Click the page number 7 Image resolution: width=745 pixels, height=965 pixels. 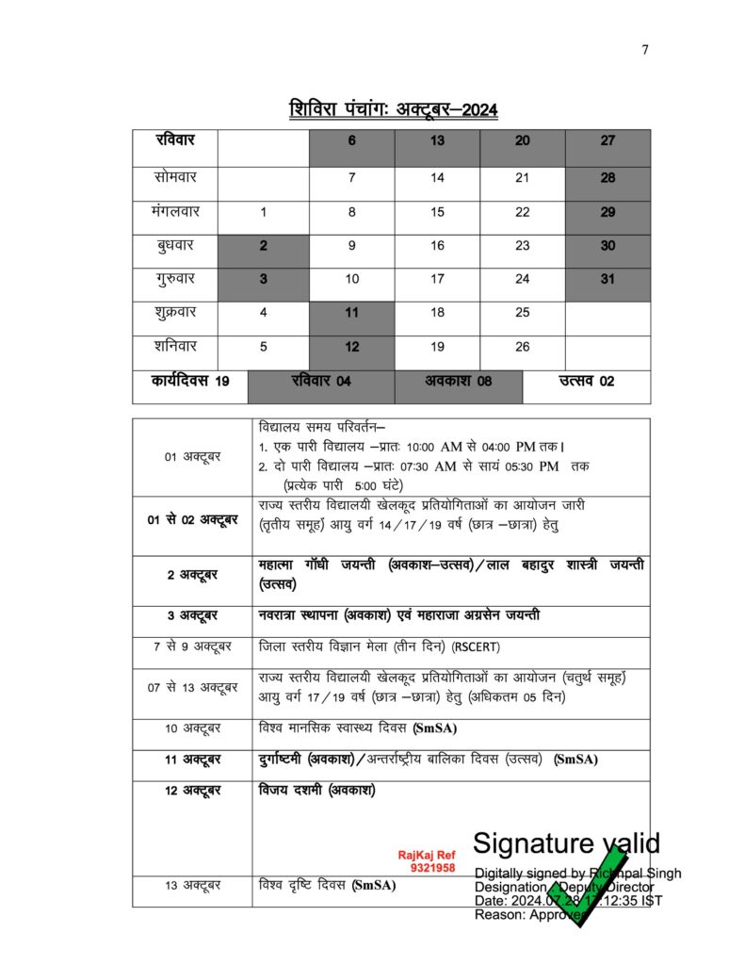coord(645,51)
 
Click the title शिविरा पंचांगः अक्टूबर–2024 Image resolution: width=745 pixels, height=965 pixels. coord(394,109)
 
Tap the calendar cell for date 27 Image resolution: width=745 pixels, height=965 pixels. coord(607,141)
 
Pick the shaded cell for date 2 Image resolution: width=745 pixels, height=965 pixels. coord(263,245)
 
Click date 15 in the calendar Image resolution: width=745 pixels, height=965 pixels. coord(437,212)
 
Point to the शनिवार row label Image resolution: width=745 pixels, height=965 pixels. coord(175,346)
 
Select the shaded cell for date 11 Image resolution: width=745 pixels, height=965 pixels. coord(351,313)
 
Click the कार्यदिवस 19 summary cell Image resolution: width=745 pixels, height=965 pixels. coord(189,382)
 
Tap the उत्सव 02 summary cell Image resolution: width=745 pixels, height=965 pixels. coord(587,382)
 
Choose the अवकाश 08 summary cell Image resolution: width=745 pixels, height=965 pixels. coord(458,382)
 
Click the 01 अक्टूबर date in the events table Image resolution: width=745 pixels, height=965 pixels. coord(192,457)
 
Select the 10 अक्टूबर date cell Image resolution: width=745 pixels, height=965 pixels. coord(192,728)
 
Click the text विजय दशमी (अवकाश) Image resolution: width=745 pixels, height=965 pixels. coord(316,790)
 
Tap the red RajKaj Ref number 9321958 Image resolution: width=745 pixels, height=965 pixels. coord(432,867)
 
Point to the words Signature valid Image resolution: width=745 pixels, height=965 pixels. coord(565,842)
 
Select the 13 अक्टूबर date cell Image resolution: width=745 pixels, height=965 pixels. coord(192,886)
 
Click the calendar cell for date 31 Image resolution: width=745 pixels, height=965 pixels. coord(607,278)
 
